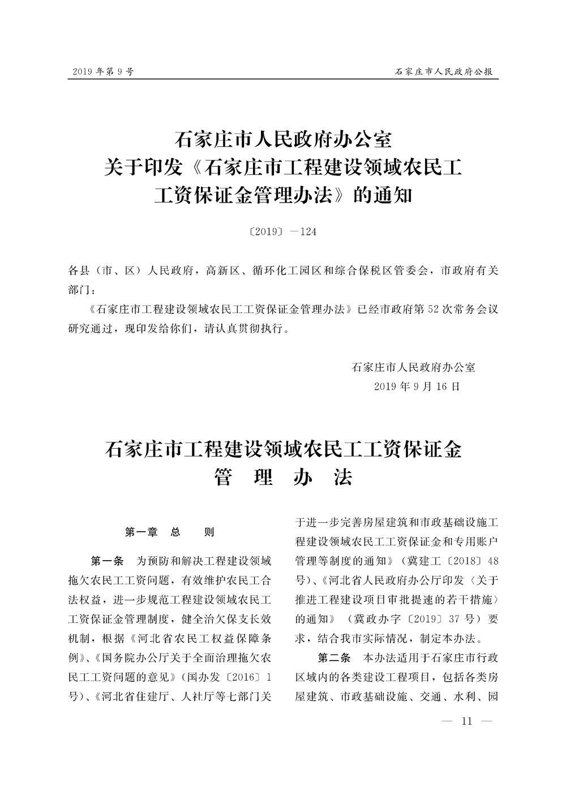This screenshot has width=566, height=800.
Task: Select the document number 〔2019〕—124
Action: [283, 231]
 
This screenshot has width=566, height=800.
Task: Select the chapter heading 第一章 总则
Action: [170, 532]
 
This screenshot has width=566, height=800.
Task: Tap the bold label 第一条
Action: [107, 562]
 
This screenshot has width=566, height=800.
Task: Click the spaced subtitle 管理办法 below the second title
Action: [283, 478]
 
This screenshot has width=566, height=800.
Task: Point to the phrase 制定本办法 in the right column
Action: [450, 638]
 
